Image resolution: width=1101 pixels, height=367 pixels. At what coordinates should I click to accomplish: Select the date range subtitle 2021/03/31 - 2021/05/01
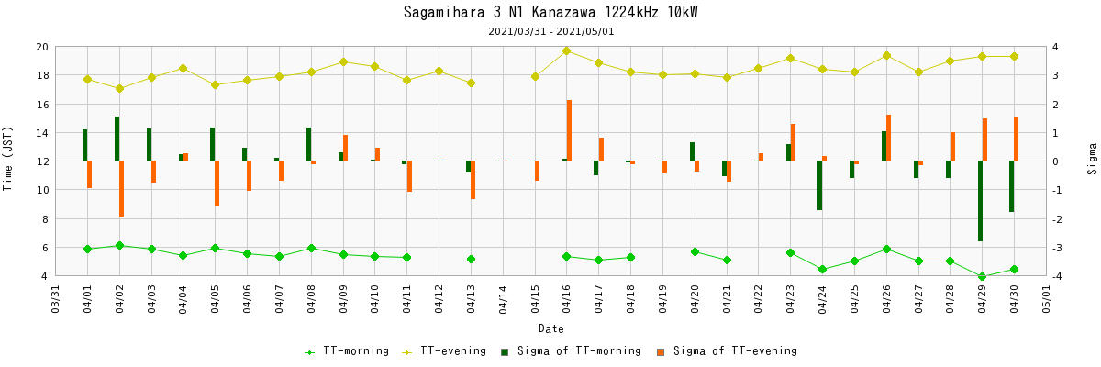pos(551,31)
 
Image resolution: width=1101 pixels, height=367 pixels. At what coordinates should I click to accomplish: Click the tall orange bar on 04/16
pos(569,130)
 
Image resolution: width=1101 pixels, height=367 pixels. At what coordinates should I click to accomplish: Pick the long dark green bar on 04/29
pos(980,201)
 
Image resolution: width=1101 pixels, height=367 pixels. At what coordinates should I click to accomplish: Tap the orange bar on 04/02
pos(122,188)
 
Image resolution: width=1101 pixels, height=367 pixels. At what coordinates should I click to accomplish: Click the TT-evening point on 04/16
pos(566,50)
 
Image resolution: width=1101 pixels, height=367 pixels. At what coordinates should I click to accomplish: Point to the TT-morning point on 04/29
pos(982,276)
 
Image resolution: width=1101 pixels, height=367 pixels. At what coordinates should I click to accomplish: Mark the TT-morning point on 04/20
pos(695,251)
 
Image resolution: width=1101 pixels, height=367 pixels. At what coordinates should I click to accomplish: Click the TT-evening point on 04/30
pos(1014,56)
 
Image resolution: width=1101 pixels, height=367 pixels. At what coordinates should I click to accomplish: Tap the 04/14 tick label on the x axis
pos(503,298)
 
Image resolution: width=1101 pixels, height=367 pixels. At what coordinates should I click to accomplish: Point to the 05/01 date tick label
pos(1046,298)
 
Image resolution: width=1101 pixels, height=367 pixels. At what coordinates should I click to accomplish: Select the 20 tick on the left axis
pos(41,47)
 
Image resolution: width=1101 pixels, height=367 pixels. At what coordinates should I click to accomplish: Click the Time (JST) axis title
pos(8,158)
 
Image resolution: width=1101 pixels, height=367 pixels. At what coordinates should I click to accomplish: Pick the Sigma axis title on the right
pos(1092,158)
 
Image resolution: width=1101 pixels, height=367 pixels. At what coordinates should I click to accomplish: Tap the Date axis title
pos(550,328)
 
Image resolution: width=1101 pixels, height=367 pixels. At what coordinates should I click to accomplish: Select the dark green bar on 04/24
pos(819,185)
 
